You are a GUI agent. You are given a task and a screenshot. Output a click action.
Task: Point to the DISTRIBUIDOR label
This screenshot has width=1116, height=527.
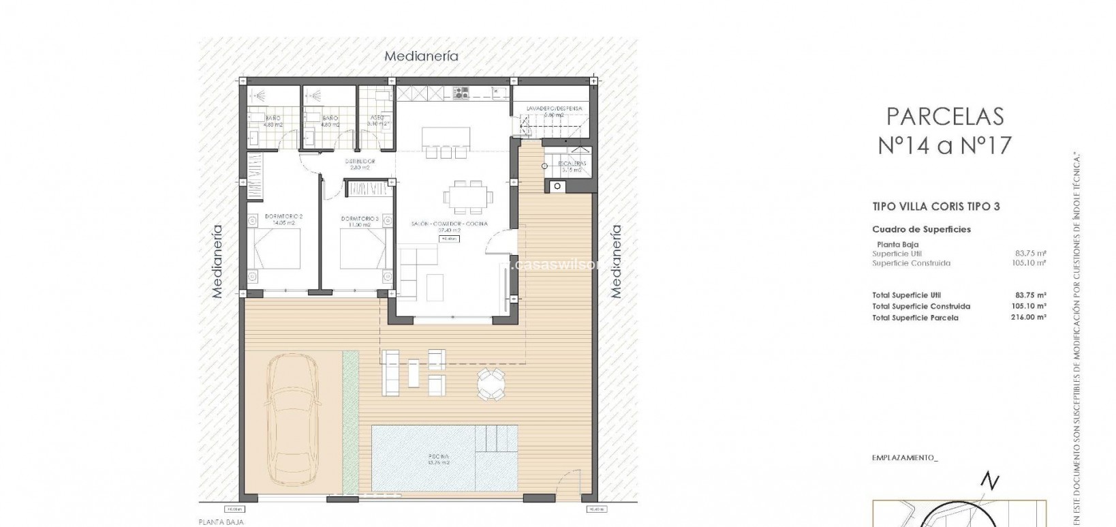coord(358,162)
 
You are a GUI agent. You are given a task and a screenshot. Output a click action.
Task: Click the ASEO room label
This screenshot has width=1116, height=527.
coord(375,117)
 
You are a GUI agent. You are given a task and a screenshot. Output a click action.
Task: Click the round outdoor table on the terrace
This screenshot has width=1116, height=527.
coord(491,384)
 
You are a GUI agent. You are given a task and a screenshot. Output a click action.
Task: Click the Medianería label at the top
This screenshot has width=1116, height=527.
coord(421,57)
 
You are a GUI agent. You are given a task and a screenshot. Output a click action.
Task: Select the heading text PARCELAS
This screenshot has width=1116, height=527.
coord(945,117)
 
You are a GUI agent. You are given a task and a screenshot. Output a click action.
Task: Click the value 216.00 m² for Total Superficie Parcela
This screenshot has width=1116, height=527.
coord(1028,318)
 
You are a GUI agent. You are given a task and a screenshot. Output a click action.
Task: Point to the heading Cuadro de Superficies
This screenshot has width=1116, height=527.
coord(921,230)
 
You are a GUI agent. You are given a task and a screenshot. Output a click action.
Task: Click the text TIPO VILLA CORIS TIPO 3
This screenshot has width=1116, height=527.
coord(935,206)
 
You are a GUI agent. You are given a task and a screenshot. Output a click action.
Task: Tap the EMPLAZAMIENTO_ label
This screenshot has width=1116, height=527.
coord(905,458)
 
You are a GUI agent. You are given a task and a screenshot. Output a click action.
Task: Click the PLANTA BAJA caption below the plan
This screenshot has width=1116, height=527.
coord(221,522)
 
